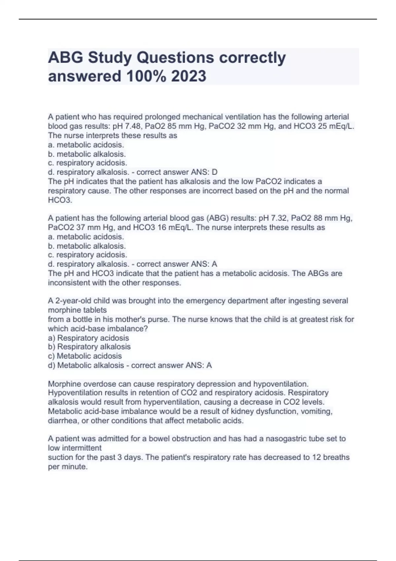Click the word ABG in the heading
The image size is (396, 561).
click(x=66, y=57)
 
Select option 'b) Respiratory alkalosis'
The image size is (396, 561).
click(x=89, y=346)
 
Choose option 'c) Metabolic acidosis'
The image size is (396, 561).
click(x=85, y=356)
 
